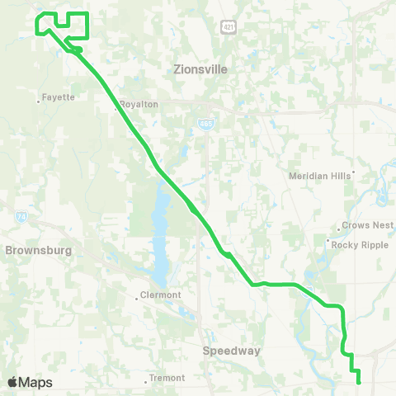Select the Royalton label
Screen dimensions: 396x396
(139, 105)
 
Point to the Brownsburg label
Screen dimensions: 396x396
(38, 249)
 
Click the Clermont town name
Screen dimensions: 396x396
(161, 298)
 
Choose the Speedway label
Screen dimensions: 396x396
(232, 351)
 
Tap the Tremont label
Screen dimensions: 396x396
(167, 378)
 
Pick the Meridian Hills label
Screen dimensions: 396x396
(318, 176)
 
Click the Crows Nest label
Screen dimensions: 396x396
(368, 226)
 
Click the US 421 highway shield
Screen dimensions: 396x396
(229, 27)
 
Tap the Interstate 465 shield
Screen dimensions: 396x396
(203, 123)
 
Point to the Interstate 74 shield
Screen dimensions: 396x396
(21, 217)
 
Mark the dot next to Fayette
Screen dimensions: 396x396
(39, 101)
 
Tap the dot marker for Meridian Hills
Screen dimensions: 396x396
(353, 174)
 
